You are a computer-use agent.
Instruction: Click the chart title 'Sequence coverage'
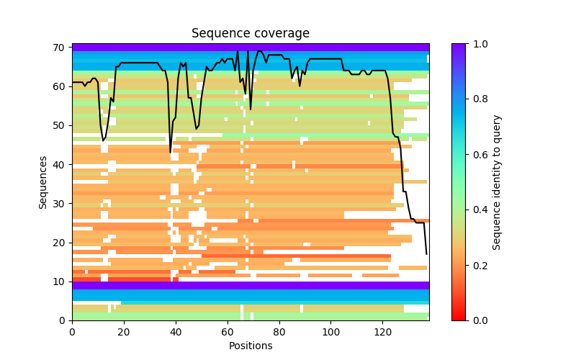(250, 34)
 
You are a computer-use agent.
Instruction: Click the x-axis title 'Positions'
(250, 346)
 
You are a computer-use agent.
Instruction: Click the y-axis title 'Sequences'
(44, 181)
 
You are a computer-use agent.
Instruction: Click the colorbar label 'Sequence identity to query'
(497, 181)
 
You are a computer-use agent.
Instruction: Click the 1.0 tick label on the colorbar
(479, 44)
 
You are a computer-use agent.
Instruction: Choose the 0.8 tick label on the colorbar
(479, 99)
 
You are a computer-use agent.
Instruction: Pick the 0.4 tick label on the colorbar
(479, 210)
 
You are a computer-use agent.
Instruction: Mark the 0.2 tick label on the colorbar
(479, 265)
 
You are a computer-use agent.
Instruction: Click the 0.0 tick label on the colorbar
(479, 320)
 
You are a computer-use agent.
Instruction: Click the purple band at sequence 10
(250, 285)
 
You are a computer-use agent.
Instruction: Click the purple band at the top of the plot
(250, 47)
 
